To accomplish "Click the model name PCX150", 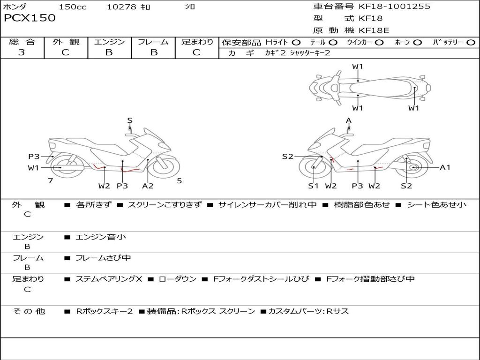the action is (30, 18).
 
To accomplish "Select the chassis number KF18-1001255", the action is (394, 7).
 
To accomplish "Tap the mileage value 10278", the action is (121, 7).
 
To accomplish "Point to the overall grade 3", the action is (22, 52).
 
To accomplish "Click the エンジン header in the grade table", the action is (109, 42).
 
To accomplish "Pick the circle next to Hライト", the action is (296, 43).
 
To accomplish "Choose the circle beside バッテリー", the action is (471, 43).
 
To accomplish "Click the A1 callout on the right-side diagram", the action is (445, 167).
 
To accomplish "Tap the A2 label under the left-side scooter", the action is (148, 186).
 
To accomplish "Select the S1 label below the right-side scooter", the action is (313, 186).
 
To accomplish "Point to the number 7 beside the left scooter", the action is (50, 180).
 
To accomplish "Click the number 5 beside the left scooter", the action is (179, 180).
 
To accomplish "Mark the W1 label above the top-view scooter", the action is (358, 67).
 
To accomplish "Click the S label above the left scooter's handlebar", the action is (130, 120).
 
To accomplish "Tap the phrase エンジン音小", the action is (101, 237).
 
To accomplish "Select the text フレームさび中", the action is (103, 258).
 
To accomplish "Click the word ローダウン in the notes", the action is (178, 279).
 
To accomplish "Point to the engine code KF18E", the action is (374, 30).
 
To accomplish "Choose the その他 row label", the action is (29, 311).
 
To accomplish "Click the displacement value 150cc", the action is (73, 7).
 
